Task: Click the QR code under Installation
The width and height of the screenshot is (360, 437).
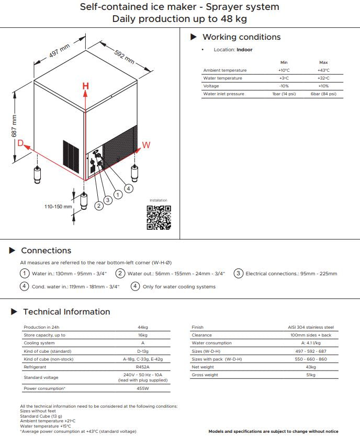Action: (159, 218)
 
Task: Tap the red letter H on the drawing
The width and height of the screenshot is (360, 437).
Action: (85, 86)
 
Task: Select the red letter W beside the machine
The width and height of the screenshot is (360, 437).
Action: (146, 145)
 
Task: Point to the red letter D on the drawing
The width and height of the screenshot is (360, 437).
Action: (20, 143)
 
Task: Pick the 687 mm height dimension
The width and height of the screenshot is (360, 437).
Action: (14, 126)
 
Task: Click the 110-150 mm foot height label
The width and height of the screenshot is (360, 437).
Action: (58, 207)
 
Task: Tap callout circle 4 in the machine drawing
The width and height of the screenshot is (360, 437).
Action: (129, 188)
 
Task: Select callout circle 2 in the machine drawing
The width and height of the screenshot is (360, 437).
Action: (99, 206)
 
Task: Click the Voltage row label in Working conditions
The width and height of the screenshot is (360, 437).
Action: (211, 86)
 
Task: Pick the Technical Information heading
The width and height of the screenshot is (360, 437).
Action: (66, 312)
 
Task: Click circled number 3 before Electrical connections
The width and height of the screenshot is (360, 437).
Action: (238, 273)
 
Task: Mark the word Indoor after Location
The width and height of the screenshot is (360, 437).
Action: (244, 50)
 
